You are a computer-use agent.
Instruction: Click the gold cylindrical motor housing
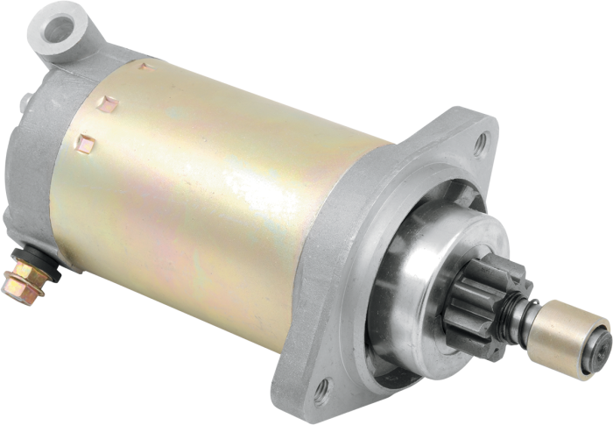coord(219,193)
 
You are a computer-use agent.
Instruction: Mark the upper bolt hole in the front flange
coord(479,139)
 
